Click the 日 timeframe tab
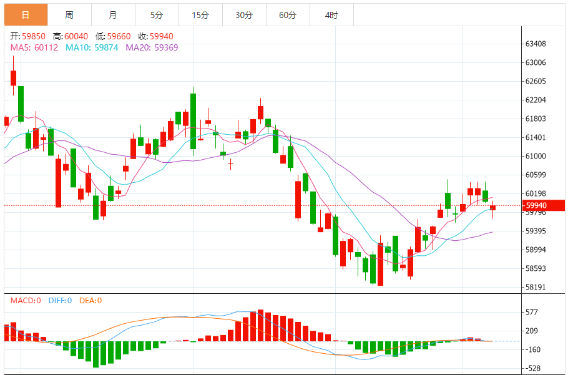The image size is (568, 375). point(25,15)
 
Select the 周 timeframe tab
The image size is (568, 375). point(69,15)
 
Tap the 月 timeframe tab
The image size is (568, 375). point(112,15)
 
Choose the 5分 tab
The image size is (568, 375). point(157,15)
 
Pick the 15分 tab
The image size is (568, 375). point(200,15)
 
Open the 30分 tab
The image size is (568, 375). point(244,15)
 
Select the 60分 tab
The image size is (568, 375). point(288,15)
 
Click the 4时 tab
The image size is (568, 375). point(331,15)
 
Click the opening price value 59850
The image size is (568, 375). point(36,37)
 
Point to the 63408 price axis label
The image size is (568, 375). point(536,44)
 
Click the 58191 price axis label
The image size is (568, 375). point(536,288)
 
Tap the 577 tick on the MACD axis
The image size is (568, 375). point(532,312)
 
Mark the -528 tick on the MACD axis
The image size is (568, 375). point(532,368)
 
